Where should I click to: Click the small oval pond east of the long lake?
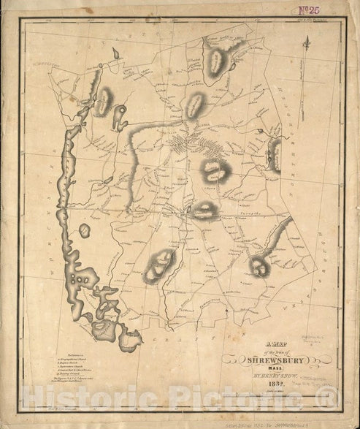85,230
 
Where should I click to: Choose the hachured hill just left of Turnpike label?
204,210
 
